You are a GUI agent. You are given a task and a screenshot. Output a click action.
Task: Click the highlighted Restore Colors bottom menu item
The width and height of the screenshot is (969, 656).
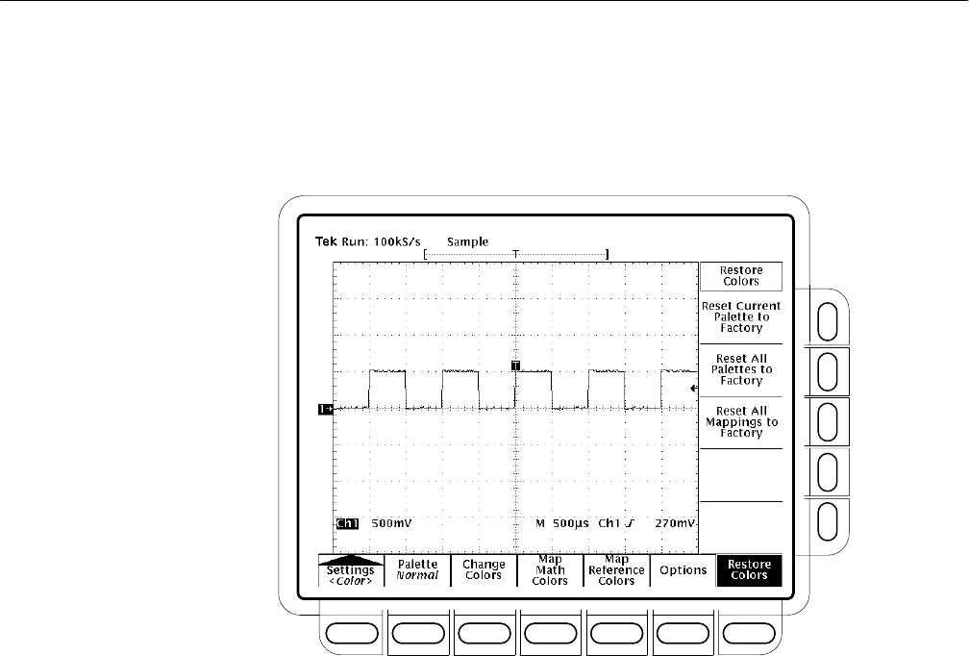coord(749,569)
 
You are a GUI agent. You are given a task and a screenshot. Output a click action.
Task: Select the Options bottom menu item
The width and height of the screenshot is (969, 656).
coord(683,570)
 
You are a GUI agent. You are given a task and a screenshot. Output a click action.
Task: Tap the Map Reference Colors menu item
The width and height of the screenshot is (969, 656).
coord(616,569)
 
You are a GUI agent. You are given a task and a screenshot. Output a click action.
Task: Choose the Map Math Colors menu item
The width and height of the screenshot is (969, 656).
coord(550,569)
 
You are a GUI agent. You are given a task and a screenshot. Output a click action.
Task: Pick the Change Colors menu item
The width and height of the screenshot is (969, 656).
coord(484,569)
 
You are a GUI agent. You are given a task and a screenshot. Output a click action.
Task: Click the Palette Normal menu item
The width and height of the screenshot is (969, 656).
coord(418,569)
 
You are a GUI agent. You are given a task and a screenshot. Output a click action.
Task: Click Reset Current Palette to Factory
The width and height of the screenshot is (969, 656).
coord(739,316)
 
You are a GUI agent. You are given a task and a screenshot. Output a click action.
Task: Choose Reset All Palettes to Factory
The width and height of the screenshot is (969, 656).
coord(739,369)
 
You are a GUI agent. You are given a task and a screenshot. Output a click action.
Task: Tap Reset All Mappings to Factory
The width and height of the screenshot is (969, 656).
coord(739,422)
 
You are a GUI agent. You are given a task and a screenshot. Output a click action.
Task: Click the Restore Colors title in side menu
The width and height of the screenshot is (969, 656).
coord(739,276)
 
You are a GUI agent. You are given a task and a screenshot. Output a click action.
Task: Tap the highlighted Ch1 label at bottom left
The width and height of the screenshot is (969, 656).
coord(345,524)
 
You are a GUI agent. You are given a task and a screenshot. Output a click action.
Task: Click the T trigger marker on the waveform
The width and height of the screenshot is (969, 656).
coord(516,366)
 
